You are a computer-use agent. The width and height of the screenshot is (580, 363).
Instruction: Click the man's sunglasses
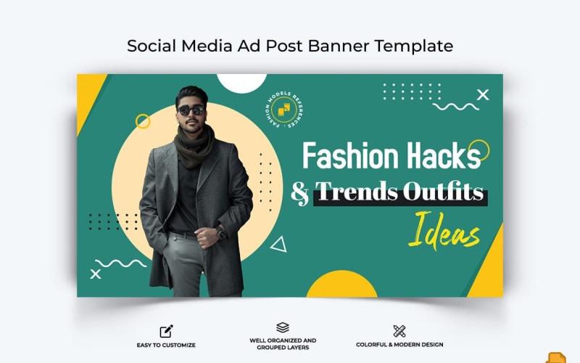[x=191, y=110]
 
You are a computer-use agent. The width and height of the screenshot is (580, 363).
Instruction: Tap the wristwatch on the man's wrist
[x=220, y=232]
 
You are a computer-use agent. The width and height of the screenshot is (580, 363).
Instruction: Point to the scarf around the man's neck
[x=194, y=147]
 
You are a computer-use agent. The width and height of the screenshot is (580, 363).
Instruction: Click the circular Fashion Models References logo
[x=283, y=110]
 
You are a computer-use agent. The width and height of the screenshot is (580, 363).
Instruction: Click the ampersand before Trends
[x=300, y=193]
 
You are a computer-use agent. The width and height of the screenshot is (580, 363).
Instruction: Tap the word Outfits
[x=443, y=192]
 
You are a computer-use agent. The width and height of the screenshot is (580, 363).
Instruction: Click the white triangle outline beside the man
[x=279, y=245]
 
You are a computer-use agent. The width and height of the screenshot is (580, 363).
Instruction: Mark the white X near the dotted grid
[x=483, y=95]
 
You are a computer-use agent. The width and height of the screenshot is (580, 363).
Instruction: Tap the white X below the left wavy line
[x=96, y=274]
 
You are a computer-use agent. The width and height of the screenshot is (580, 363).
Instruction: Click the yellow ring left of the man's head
[x=143, y=121]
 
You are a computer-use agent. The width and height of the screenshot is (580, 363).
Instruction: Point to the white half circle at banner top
[x=242, y=83]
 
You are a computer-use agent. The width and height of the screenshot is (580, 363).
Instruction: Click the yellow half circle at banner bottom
[x=341, y=284]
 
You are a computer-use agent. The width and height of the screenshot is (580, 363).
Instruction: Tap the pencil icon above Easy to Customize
[x=166, y=331]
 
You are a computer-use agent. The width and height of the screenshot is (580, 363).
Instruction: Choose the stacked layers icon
[x=283, y=327]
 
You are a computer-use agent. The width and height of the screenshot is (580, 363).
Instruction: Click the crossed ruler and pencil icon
[x=399, y=331]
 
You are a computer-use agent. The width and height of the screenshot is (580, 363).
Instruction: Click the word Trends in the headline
[x=357, y=192]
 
